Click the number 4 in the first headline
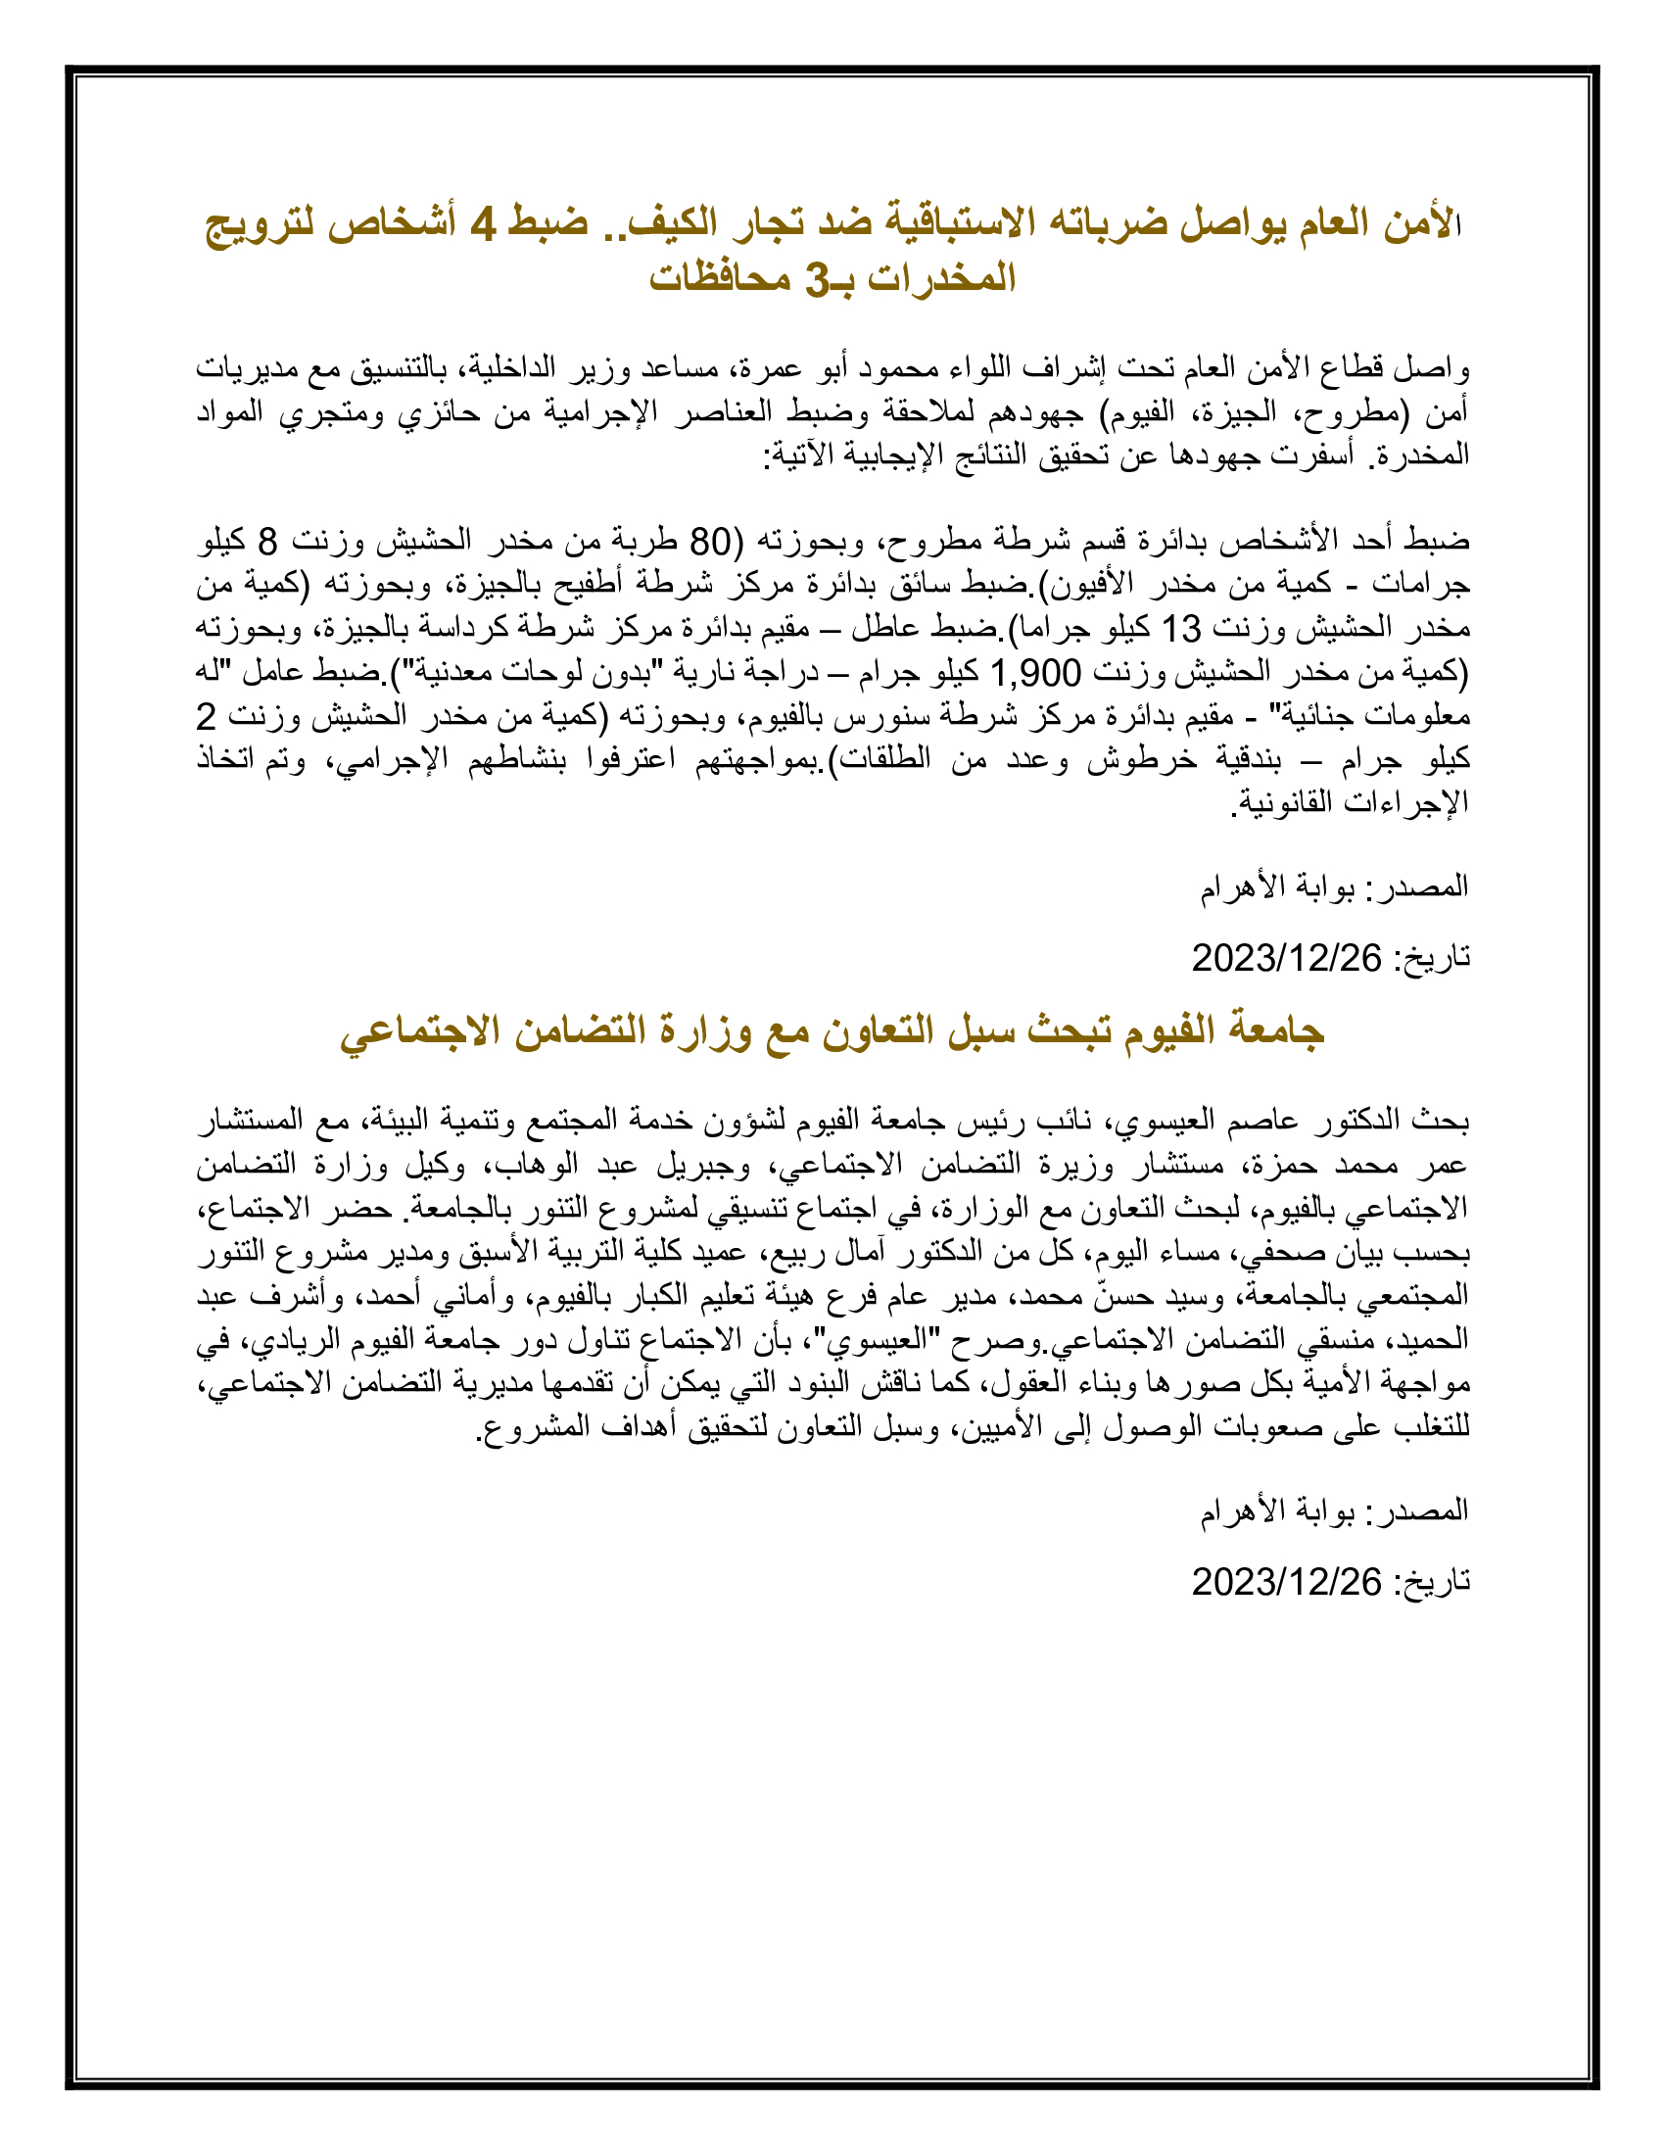tap(482, 224)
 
